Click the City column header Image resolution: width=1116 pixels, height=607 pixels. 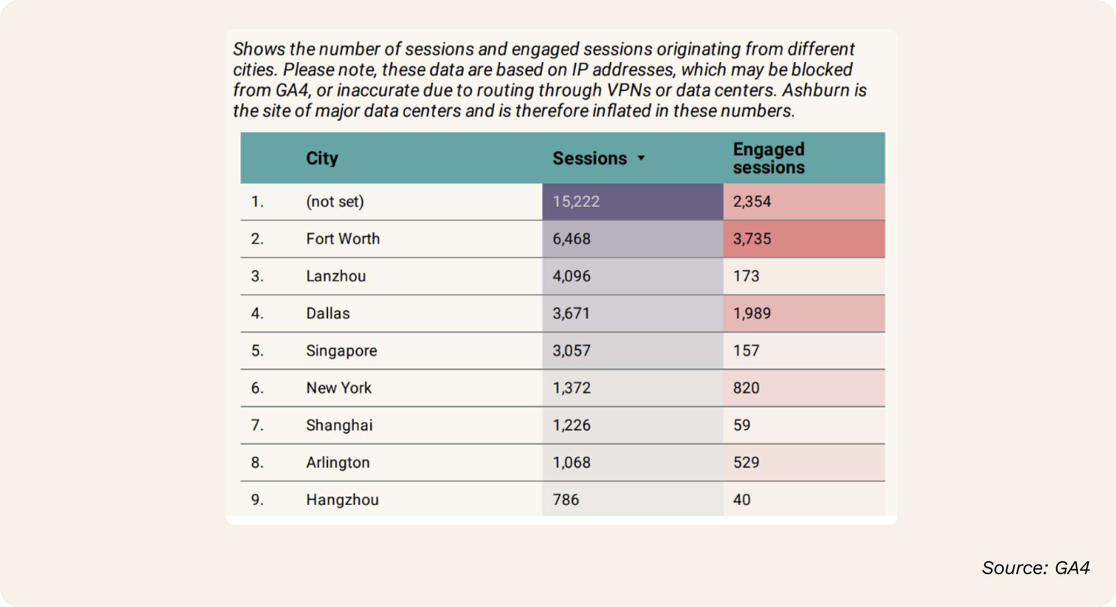tap(322, 158)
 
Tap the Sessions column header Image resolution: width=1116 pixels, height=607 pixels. tap(589, 158)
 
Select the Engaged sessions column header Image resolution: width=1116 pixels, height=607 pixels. tap(769, 158)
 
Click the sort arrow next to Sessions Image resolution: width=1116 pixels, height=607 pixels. tap(641, 158)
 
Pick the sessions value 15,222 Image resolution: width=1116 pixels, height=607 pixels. tap(576, 201)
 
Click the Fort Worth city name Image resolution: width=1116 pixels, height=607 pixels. tap(343, 239)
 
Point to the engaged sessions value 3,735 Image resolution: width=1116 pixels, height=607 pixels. tap(752, 239)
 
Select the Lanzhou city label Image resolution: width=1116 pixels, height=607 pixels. tap(336, 276)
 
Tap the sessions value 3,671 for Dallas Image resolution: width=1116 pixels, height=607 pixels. tap(571, 313)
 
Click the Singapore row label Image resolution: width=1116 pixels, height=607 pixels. tap(341, 350)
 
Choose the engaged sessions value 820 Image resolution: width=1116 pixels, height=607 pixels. tap(746, 388)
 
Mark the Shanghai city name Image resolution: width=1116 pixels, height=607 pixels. tap(339, 425)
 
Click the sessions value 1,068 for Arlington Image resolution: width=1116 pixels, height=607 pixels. tap(572, 462)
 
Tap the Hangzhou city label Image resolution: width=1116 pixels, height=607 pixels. tap(342, 500)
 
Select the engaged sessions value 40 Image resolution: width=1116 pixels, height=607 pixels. tap(741, 500)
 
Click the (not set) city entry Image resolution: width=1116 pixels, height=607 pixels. tap(335, 201)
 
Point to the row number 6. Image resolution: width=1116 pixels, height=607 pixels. tap(257, 388)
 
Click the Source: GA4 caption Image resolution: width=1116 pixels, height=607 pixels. tap(1035, 568)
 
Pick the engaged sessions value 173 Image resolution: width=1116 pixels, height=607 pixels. tap(746, 276)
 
